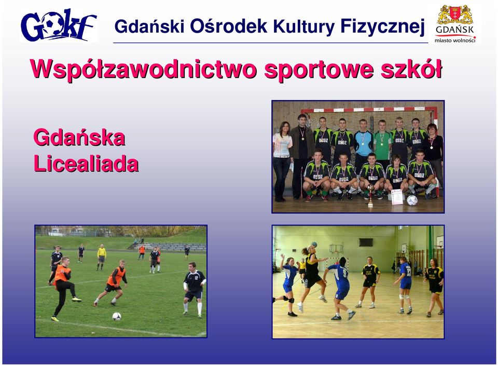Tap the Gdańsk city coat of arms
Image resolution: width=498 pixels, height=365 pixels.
click(455, 15)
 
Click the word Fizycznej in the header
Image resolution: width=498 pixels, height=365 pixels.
click(382, 26)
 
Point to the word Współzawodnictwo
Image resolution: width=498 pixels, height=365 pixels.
click(143, 70)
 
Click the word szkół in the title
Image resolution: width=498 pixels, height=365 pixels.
click(411, 69)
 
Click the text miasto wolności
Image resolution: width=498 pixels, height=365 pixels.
click(455, 40)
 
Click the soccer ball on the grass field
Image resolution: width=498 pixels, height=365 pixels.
click(117, 316)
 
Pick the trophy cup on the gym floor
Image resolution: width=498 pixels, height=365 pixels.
click(370, 196)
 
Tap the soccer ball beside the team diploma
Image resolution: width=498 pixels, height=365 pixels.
click(412, 200)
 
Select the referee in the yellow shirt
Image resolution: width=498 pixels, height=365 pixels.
click(101, 257)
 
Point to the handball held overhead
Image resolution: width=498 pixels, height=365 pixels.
click(314, 244)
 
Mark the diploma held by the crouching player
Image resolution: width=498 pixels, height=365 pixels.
click(397, 197)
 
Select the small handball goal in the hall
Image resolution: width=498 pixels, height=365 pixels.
click(337, 263)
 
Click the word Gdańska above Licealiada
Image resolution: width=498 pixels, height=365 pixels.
click(79, 138)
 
